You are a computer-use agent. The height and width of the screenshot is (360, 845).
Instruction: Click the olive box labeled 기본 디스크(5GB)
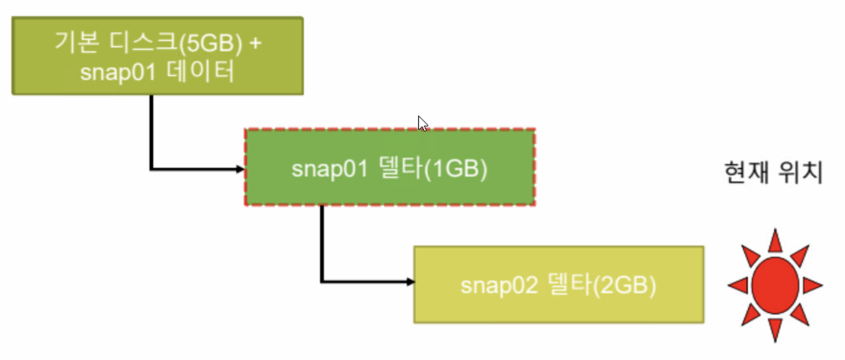coord(157,56)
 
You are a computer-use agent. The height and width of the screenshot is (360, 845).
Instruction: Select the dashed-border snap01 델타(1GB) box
coord(390,167)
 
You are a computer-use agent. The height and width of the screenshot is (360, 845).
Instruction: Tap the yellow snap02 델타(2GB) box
coord(558,284)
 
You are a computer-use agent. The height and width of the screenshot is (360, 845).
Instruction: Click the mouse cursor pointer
coord(422,123)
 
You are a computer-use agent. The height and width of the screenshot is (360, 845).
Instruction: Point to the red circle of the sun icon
coord(775,285)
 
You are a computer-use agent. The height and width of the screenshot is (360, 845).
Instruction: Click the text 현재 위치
coord(773,173)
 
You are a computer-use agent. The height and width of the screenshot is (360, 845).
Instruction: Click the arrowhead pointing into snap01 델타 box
coord(240,169)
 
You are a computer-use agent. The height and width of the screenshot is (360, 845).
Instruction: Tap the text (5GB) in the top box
coord(210,44)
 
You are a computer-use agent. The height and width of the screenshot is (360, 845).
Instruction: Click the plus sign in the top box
coord(255,42)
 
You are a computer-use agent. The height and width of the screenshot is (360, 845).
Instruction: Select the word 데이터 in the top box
coord(201,72)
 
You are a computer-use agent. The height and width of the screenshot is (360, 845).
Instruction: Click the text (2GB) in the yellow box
coord(624,286)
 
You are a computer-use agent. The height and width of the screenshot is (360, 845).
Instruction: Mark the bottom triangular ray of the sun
coord(775,329)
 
